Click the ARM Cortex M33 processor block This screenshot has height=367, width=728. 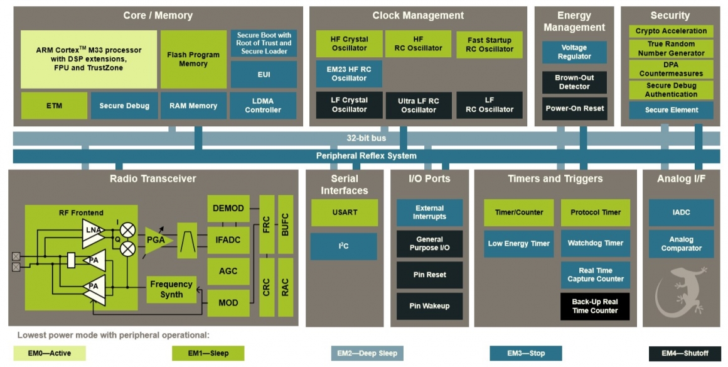(x=88, y=59)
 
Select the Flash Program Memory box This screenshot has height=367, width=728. (x=193, y=59)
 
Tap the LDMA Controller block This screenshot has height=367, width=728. (x=264, y=106)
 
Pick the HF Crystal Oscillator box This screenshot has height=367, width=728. (x=349, y=43)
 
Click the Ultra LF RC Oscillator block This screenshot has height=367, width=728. (x=418, y=105)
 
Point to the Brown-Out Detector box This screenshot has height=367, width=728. (x=574, y=82)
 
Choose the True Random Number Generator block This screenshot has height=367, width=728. (x=671, y=48)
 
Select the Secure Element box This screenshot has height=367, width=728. (x=671, y=110)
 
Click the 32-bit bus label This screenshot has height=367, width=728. (x=366, y=138)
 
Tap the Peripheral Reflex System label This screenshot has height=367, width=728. (x=366, y=156)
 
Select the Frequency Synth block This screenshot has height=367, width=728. (x=171, y=290)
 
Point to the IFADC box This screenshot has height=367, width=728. (x=228, y=240)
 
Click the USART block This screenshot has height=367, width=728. (x=345, y=212)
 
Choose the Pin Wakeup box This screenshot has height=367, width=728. (x=429, y=306)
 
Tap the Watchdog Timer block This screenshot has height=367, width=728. (x=595, y=243)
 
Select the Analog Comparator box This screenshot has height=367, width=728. (x=681, y=244)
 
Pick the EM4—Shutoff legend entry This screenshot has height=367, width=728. (x=685, y=353)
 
